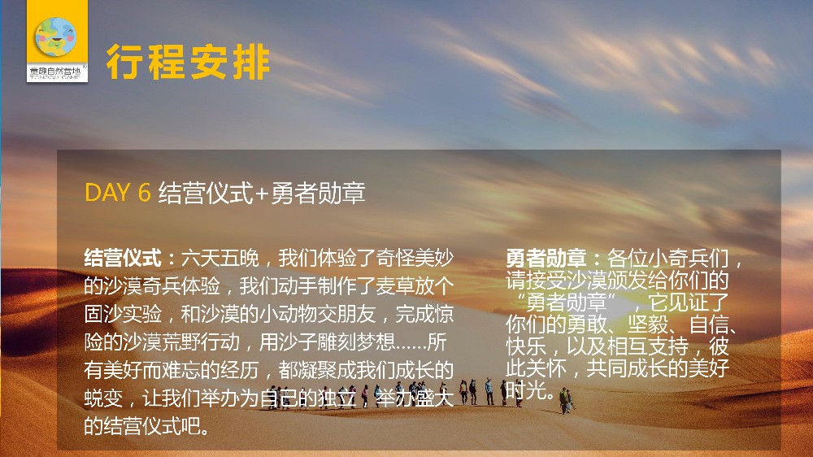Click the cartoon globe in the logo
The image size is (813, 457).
[x=55, y=37]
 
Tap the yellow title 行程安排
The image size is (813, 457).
[x=188, y=63]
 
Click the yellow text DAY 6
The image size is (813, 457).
[x=118, y=193]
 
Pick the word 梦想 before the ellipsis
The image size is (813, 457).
[x=376, y=342]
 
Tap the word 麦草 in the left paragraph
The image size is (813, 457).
[x=395, y=285]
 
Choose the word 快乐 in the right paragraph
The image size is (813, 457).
[x=526, y=346]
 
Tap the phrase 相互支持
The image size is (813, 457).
[x=648, y=346]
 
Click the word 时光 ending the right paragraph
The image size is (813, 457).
[x=526, y=390]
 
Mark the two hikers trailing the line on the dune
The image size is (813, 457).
[x=566, y=400]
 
